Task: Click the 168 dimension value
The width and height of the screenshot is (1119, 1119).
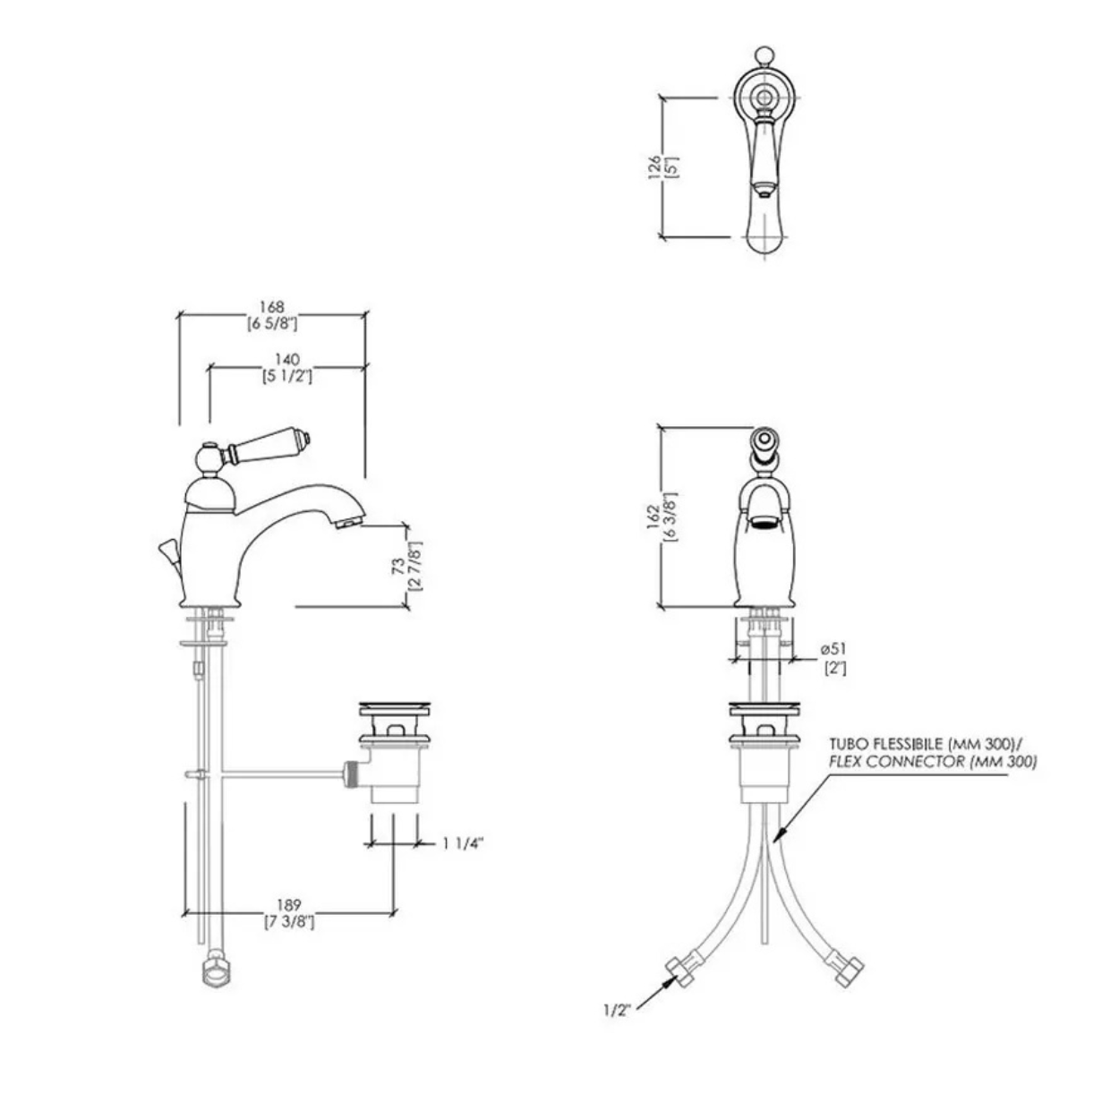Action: [272, 307]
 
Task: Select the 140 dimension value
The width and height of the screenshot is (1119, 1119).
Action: [286, 360]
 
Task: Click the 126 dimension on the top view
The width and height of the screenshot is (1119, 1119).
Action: [654, 167]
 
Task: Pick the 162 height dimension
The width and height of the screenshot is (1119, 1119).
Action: [653, 517]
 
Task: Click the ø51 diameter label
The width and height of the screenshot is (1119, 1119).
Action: [833, 648]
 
